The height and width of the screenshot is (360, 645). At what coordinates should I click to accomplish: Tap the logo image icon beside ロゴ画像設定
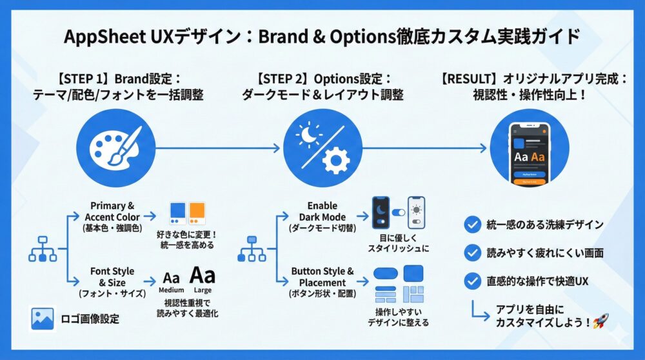click(42, 319)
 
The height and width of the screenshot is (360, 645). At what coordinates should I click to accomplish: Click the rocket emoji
click(600, 321)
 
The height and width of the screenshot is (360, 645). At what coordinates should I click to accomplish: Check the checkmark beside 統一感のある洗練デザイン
click(473, 225)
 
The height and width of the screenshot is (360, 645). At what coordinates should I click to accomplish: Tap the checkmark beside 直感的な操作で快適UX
click(473, 281)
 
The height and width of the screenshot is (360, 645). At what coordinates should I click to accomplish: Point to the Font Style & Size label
click(112, 276)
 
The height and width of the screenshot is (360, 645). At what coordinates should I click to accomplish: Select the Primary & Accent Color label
click(112, 212)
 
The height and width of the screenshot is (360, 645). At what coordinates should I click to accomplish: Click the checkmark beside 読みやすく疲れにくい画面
click(473, 252)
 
